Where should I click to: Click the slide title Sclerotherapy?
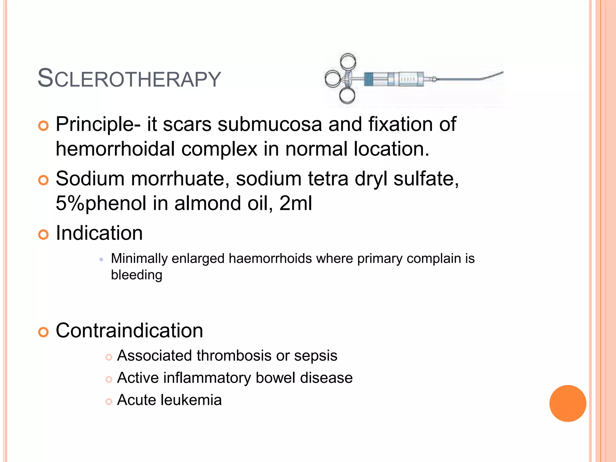click(x=129, y=79)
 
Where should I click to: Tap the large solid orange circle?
click(x=568, y=403)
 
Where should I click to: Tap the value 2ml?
click(x=296, y=203)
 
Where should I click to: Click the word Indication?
click(x=99, y=233)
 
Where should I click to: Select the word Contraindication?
click(x=129, y=331)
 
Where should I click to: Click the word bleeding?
click(x=137, y=275)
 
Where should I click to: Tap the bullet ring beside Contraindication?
click(x=43, y=332)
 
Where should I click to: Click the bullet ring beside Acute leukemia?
click(x=109, y=402)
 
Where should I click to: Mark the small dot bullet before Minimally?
click(x=101, y=259)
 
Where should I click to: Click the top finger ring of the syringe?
click(x=348, y=61)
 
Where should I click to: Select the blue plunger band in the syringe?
click(x=368, y=79)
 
